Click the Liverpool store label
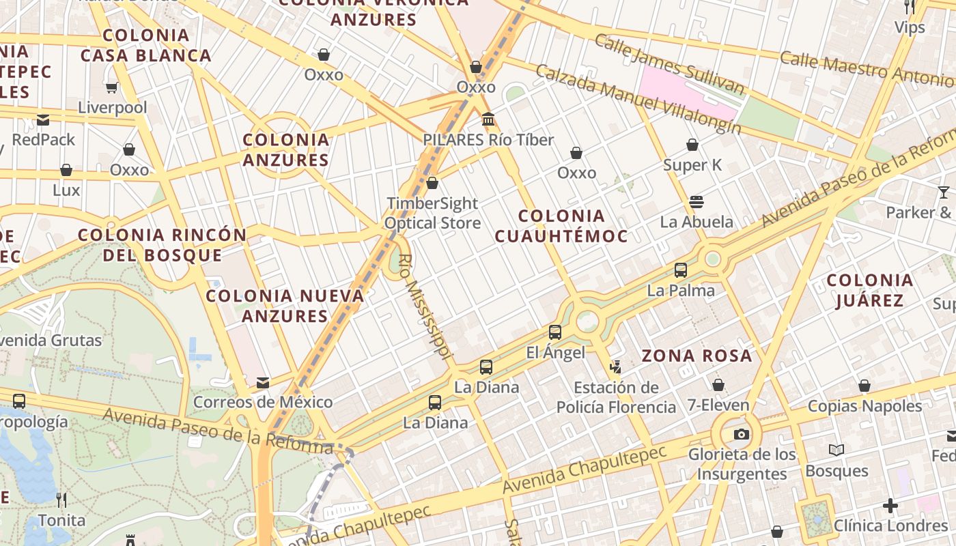113,107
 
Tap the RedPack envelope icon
43,121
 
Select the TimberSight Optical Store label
432,213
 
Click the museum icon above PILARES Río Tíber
488,120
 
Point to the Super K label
692,164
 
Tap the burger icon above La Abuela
697,202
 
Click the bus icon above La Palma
681,270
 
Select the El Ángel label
556,352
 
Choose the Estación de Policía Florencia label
616,397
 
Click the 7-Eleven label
718,405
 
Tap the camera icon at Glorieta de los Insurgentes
741,435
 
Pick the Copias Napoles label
864,406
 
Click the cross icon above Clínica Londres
890,506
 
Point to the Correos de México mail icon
263,383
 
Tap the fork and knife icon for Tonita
61,500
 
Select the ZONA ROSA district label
697,356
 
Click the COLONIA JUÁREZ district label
870,290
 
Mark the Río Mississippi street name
425,306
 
